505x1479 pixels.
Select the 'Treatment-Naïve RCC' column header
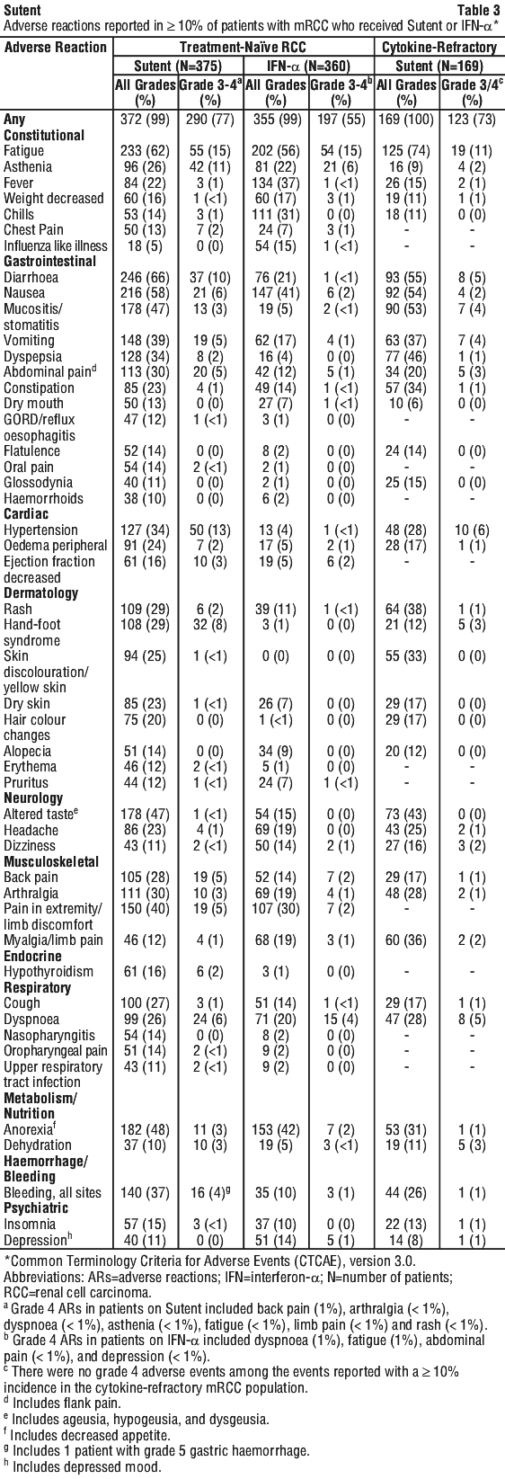point(243,47)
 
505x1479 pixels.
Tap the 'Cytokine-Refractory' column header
point(439,47)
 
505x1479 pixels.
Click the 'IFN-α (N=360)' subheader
point(308,66)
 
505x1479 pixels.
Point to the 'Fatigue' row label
point(23,151)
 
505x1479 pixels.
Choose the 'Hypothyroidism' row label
point(49,972)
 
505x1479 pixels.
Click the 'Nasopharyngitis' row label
point(49,1036)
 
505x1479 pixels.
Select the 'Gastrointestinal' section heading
point(49,261)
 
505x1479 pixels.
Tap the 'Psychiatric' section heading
point(36,1208)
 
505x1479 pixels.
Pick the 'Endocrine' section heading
point(32,956)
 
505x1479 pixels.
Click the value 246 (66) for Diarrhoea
point(145,277)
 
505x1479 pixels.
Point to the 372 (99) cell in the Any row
point(145,120)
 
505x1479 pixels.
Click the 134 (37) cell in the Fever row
point(275,183)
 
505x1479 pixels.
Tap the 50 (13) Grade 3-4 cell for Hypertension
point(210,530)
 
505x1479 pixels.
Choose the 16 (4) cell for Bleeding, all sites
point(210,1192)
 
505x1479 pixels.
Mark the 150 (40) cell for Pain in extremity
point(145,909)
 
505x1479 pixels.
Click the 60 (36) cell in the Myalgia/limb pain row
point(406,940)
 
